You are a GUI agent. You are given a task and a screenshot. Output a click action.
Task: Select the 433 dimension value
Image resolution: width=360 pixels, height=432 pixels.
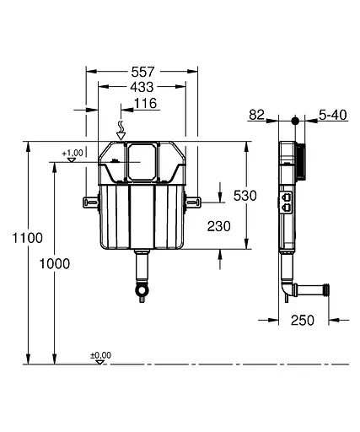tap(142, 88)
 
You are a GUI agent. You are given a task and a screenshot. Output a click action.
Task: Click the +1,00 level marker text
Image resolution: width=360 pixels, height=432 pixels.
tap(73, 153)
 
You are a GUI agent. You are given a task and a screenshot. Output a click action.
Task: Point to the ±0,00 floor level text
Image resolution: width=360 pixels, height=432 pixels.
tap(100, 355)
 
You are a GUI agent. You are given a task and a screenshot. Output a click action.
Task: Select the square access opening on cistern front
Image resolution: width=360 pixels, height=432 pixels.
tap(141, 159)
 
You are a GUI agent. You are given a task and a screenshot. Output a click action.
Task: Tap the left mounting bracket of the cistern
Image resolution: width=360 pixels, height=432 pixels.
tap(91, 201)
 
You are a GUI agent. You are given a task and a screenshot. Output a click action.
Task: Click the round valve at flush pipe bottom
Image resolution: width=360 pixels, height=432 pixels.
tap(142, 291)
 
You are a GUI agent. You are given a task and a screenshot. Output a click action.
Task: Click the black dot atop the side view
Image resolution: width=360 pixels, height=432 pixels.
tap(293, 121)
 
